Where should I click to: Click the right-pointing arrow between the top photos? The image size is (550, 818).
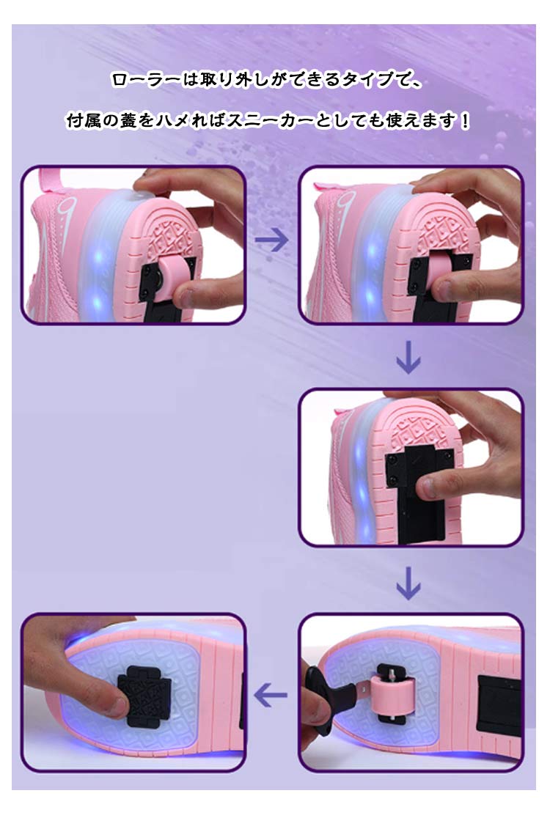pos(272,240)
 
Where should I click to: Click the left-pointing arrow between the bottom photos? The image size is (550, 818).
pos(271,695)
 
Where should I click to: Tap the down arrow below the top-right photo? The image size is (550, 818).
pos(408,358)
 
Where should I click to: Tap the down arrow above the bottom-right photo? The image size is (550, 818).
pos(408,583)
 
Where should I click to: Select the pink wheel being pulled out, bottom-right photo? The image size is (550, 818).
pos(392,696)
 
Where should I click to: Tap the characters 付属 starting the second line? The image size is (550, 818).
pos(84,121)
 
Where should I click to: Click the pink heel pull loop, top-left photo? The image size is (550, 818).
pos(51,182)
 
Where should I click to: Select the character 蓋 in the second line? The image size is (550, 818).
pos(128,121)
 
